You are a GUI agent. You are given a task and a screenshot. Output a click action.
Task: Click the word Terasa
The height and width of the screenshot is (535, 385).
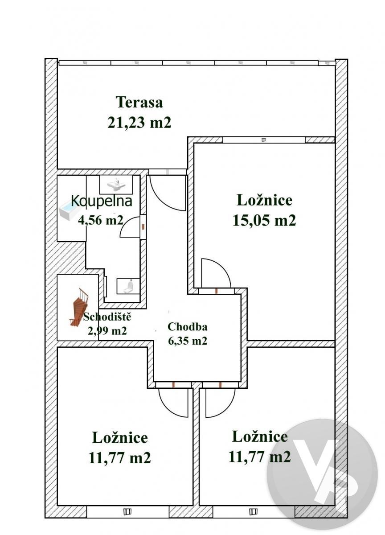tap(139, 102)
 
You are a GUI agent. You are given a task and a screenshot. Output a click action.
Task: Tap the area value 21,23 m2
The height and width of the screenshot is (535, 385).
tap(139, 123)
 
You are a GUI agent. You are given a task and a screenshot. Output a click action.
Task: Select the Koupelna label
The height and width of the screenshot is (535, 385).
tap(102, 202)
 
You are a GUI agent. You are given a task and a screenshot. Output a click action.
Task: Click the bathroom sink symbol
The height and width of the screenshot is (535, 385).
tap(116, 184)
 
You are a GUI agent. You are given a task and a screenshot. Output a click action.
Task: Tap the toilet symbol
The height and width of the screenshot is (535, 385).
tap(129, 286)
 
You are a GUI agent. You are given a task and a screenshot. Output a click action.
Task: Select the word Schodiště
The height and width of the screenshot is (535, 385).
tap(107, 317)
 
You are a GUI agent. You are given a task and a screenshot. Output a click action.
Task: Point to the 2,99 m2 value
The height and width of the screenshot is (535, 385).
tap(107, 331)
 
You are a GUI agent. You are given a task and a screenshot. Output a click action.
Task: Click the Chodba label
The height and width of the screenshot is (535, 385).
tap(187, 327)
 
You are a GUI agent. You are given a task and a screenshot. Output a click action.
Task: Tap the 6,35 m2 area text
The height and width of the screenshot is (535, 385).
tap(187, 341)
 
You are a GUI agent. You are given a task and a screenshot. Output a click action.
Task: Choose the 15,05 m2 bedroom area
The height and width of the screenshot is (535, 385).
tap(264, 220)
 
